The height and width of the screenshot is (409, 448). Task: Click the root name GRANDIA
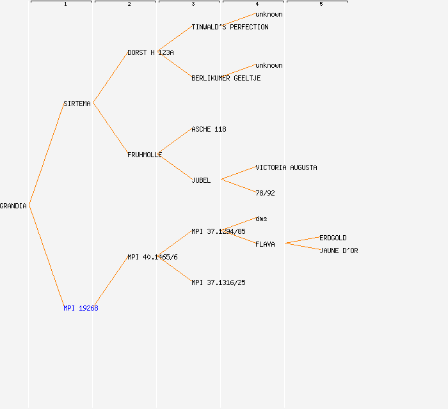[x=13, y=206]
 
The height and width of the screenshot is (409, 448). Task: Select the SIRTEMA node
[x=77, y=104]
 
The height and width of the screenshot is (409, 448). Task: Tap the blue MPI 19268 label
[x=81, y=308]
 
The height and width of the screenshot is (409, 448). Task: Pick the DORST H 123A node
[x=150, y=53]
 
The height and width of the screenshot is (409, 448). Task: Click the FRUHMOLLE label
[x=145, y=155]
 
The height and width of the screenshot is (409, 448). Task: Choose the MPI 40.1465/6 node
[x=152, y=258]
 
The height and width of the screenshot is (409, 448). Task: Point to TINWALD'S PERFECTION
[x=230, y=27]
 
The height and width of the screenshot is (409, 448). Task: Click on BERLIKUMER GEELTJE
[x=226, y=78]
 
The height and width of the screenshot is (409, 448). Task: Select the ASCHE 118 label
[x=209, y=130]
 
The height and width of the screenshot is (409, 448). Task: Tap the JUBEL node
[x=201, y=181]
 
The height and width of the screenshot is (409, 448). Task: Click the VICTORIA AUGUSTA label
[x=286, y=167]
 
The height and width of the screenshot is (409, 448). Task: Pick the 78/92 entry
[x=265, y=194]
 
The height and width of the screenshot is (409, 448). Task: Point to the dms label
[x=261, y=219]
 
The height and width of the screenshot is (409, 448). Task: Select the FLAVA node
[x=265, y=244]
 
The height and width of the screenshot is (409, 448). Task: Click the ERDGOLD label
[x=333, y=238]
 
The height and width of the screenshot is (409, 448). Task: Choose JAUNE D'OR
[x=339, y=251]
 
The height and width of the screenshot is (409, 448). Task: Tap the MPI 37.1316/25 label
[x=219, y=282]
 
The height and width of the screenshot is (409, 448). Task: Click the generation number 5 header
[x=321, y=4]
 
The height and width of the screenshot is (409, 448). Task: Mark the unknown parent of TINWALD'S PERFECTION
[x=269, y=14]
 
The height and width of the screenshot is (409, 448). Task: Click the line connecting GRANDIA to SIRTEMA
[x=47, y=154]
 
